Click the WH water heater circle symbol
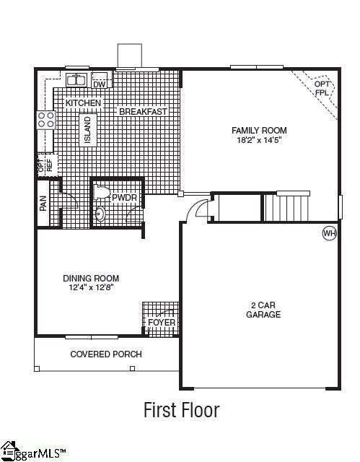pos(329,233)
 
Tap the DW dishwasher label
pos(100,85)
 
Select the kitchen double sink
pos(76,79)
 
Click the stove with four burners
pos(45,119)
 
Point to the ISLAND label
pos(87,131)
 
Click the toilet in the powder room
pos(101,193)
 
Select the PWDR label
pos(124,196)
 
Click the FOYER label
pos(161,322)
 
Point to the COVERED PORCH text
pos(105,354)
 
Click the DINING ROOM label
pos(91,278)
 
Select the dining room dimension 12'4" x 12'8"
pos(91,287)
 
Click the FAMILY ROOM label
pos(259,131)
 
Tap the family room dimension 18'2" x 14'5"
pos(259,140)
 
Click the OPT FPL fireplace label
pos(322,89)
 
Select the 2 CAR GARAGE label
pos(263,310)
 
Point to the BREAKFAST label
pos(143,112)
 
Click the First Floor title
pos(180,411)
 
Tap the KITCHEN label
pos(84,103)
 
